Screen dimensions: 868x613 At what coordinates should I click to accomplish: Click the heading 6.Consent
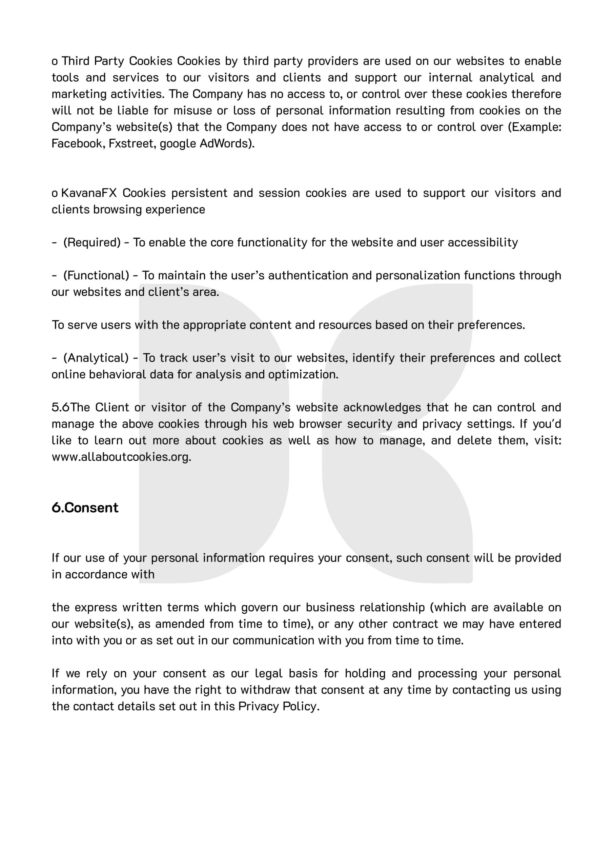[85, 508]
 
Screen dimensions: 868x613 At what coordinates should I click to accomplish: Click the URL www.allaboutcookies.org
[121, 457]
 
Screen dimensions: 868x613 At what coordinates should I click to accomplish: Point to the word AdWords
[227, 144]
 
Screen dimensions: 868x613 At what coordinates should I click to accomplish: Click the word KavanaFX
[89, 193]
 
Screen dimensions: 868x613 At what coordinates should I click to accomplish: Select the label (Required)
[92, 242]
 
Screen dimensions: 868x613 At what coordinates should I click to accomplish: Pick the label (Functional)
[96, 276]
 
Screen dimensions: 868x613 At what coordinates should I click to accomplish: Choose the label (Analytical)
[96, 358]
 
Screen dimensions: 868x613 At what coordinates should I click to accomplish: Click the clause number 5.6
[60, 408]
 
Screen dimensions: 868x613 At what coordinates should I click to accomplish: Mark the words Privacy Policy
[278, 706]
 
